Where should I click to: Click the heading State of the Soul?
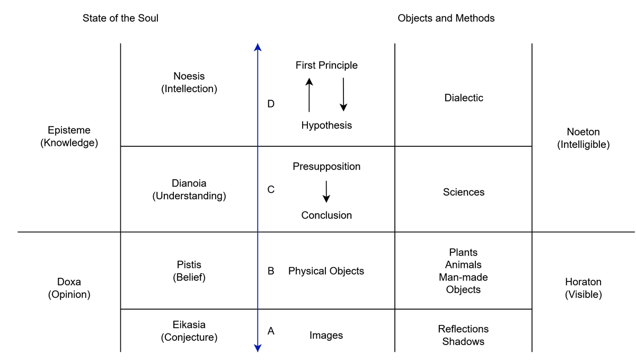point(120,18)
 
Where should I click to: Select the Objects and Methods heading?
point(446,18)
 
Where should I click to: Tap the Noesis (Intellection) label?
point(189,83)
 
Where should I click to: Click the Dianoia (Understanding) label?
point(189,190)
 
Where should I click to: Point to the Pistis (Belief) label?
point(189,270)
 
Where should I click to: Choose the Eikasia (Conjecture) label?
point(189,331)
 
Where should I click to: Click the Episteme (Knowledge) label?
point(69,136)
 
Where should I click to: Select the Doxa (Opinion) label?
point(69,288)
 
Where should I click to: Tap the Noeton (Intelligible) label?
point(583,138)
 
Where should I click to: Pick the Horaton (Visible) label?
point(583,288)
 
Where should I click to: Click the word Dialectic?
point(464,98)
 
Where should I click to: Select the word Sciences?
point(464,192)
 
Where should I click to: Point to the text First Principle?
point(326,65)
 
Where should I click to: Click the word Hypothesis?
point(326,125)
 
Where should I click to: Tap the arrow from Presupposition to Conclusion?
point(326,191)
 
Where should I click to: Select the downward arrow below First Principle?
point(343,94)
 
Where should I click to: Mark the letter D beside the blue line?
point(271,104)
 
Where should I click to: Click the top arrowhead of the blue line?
point(258,47)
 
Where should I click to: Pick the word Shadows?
point(463,341)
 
